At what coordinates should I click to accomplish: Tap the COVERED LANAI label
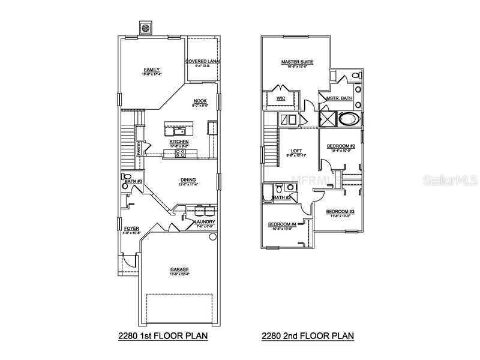click(203, 61)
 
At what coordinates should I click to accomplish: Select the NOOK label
click(199, 101)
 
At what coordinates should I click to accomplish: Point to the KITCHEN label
click(179, 142)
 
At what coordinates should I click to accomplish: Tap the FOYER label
click(131, 229)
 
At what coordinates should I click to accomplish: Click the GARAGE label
click(179, 269)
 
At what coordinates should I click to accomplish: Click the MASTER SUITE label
click(297, 62)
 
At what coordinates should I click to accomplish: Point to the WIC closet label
click(280, 98)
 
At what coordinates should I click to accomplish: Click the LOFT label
click(295, 151)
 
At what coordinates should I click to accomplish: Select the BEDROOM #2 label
click(341, 146)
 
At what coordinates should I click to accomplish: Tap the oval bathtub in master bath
click(349, 118)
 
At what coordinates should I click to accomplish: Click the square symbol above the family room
click(145, 28)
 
